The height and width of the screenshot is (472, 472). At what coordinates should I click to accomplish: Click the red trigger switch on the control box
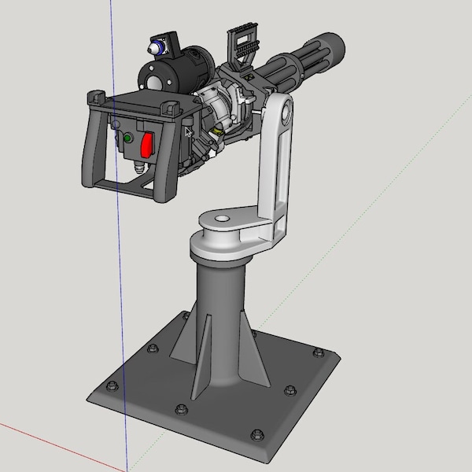click(x=147, y=145)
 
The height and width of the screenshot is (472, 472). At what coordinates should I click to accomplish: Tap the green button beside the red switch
click(x=127, y=138)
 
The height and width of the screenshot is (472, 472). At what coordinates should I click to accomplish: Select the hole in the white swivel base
click(x=220, y=218)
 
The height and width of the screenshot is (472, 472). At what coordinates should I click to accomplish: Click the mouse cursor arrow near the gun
click(x=187, y=132)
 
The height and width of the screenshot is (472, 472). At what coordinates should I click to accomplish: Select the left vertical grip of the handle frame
click(x=89, y=146)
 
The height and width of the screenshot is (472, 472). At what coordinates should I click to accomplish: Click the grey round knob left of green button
click(x=116, y=126)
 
